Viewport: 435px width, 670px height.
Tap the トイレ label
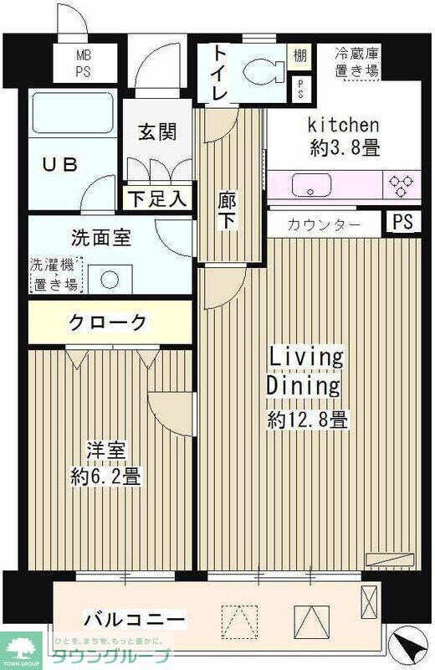(x=218, y=73)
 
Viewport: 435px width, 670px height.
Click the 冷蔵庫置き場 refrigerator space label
(x=356, y=63)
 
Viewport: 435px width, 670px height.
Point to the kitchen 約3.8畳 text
(x=344, y=138)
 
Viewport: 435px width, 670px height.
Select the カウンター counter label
(x=324, y=224)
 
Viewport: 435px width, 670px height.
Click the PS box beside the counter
(x=402, y=223)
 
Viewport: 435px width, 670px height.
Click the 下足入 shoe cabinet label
(x=157, y=198)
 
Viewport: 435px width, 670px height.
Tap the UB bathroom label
(x=60, y=163)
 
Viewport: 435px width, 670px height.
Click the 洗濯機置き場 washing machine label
(x=55, y=274)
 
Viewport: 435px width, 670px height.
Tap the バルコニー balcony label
(x=134, y=620)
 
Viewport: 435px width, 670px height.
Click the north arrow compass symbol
(x=410, y=646)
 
